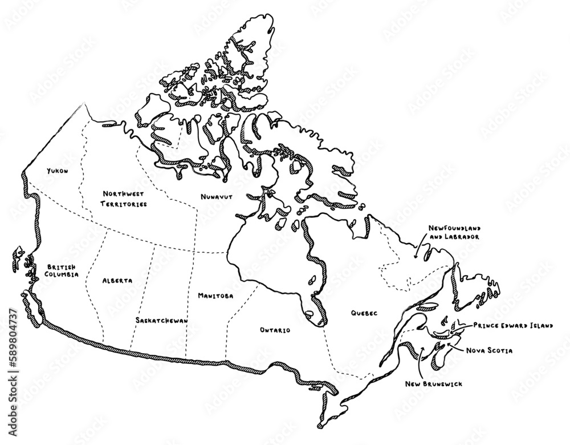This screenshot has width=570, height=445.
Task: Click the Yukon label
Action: [57, 170]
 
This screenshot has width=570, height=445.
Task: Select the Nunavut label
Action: [216, 196]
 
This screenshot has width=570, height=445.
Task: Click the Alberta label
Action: [117, 281]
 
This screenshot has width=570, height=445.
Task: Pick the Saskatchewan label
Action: [162, 321]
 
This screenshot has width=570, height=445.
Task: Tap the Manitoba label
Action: [215, 296]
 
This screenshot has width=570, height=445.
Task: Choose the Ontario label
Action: [275, 330]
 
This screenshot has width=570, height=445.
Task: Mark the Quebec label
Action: [365, 313]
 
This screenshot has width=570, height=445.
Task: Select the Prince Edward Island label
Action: [512, 325]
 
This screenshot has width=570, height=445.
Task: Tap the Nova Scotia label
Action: [488, 350]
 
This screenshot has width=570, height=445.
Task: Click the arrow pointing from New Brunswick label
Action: [420, 359]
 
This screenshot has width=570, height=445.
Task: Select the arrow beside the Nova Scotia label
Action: [455, 344]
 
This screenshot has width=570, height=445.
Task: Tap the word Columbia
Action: [62, 274]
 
